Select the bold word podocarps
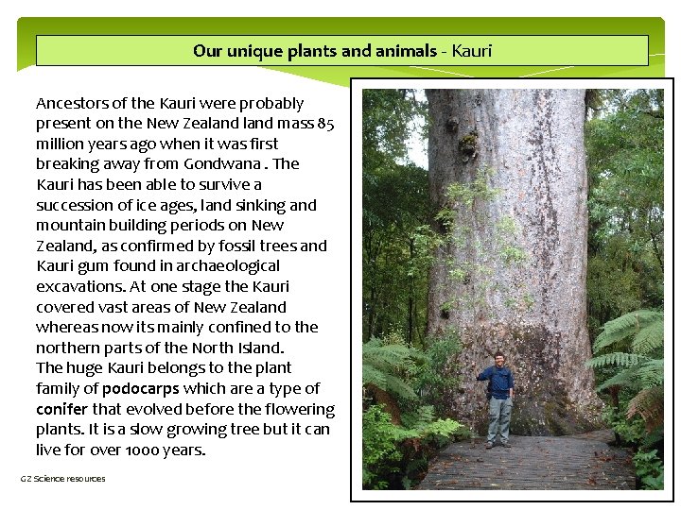click(140, 389)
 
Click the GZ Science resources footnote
click(63, 479)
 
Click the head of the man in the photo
click(498, 359)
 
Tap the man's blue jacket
click(498, 382)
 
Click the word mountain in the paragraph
click(72, 226)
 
